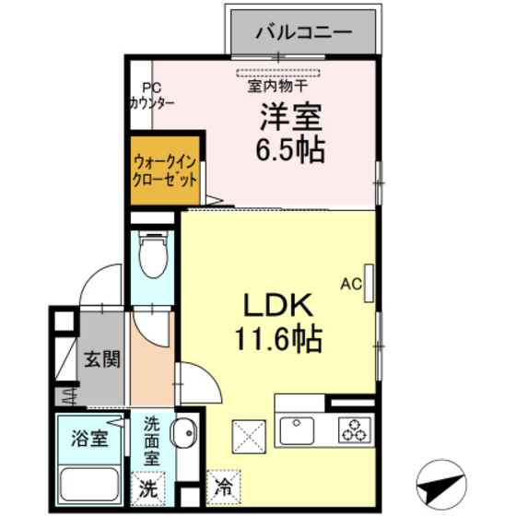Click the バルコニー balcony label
pos(303,31)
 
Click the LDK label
pos(279,305)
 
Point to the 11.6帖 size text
pos(279,340)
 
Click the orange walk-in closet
pos(164,171)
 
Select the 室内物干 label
pos(279,88)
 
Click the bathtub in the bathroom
pos(88,485)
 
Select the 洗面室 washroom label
pos(152,440)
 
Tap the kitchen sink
pos(297,430)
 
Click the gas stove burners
pos(354,429)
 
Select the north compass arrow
pos(441,479)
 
